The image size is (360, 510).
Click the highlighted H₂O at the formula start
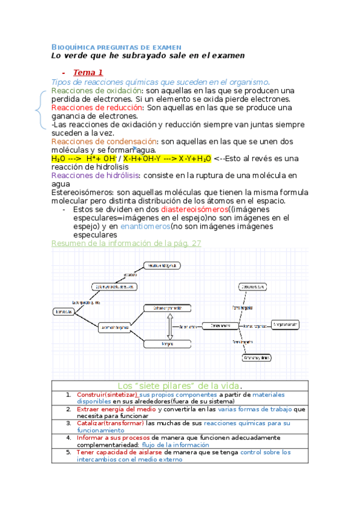point(58,158)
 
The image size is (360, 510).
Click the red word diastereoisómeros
point(194,209)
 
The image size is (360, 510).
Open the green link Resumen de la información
point(126,243)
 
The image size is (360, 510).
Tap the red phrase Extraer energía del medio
point(116,409)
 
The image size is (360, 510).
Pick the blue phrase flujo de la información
point(178,444)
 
